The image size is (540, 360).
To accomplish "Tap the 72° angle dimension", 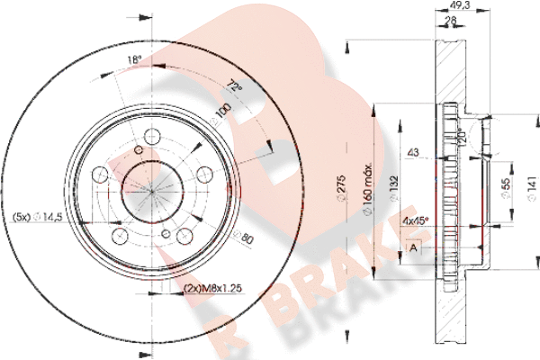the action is pyautogui.click(x=237, y=89).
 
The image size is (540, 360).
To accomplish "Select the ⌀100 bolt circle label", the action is pyautogui.click(x=220, y=113).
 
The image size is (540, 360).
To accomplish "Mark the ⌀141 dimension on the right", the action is pyautogui.click(x=531, y=185).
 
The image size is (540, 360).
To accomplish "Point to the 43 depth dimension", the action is pyautogui.click(x=414, y=151).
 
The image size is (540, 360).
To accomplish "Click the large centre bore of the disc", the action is pyautogui.click(x=150, y=189).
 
